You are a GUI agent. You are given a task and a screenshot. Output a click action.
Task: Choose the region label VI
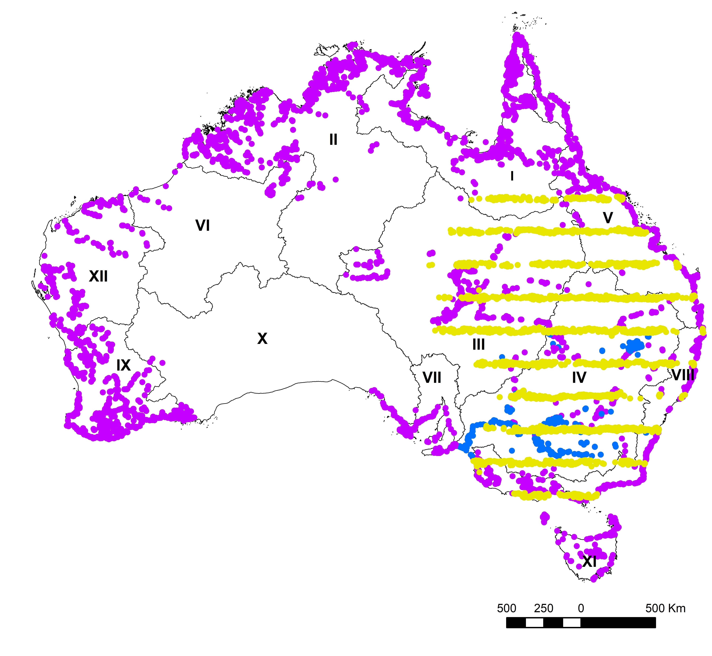203,225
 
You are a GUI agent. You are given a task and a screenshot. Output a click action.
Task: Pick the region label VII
432,377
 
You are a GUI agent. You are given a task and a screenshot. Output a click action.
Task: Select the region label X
262,339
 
